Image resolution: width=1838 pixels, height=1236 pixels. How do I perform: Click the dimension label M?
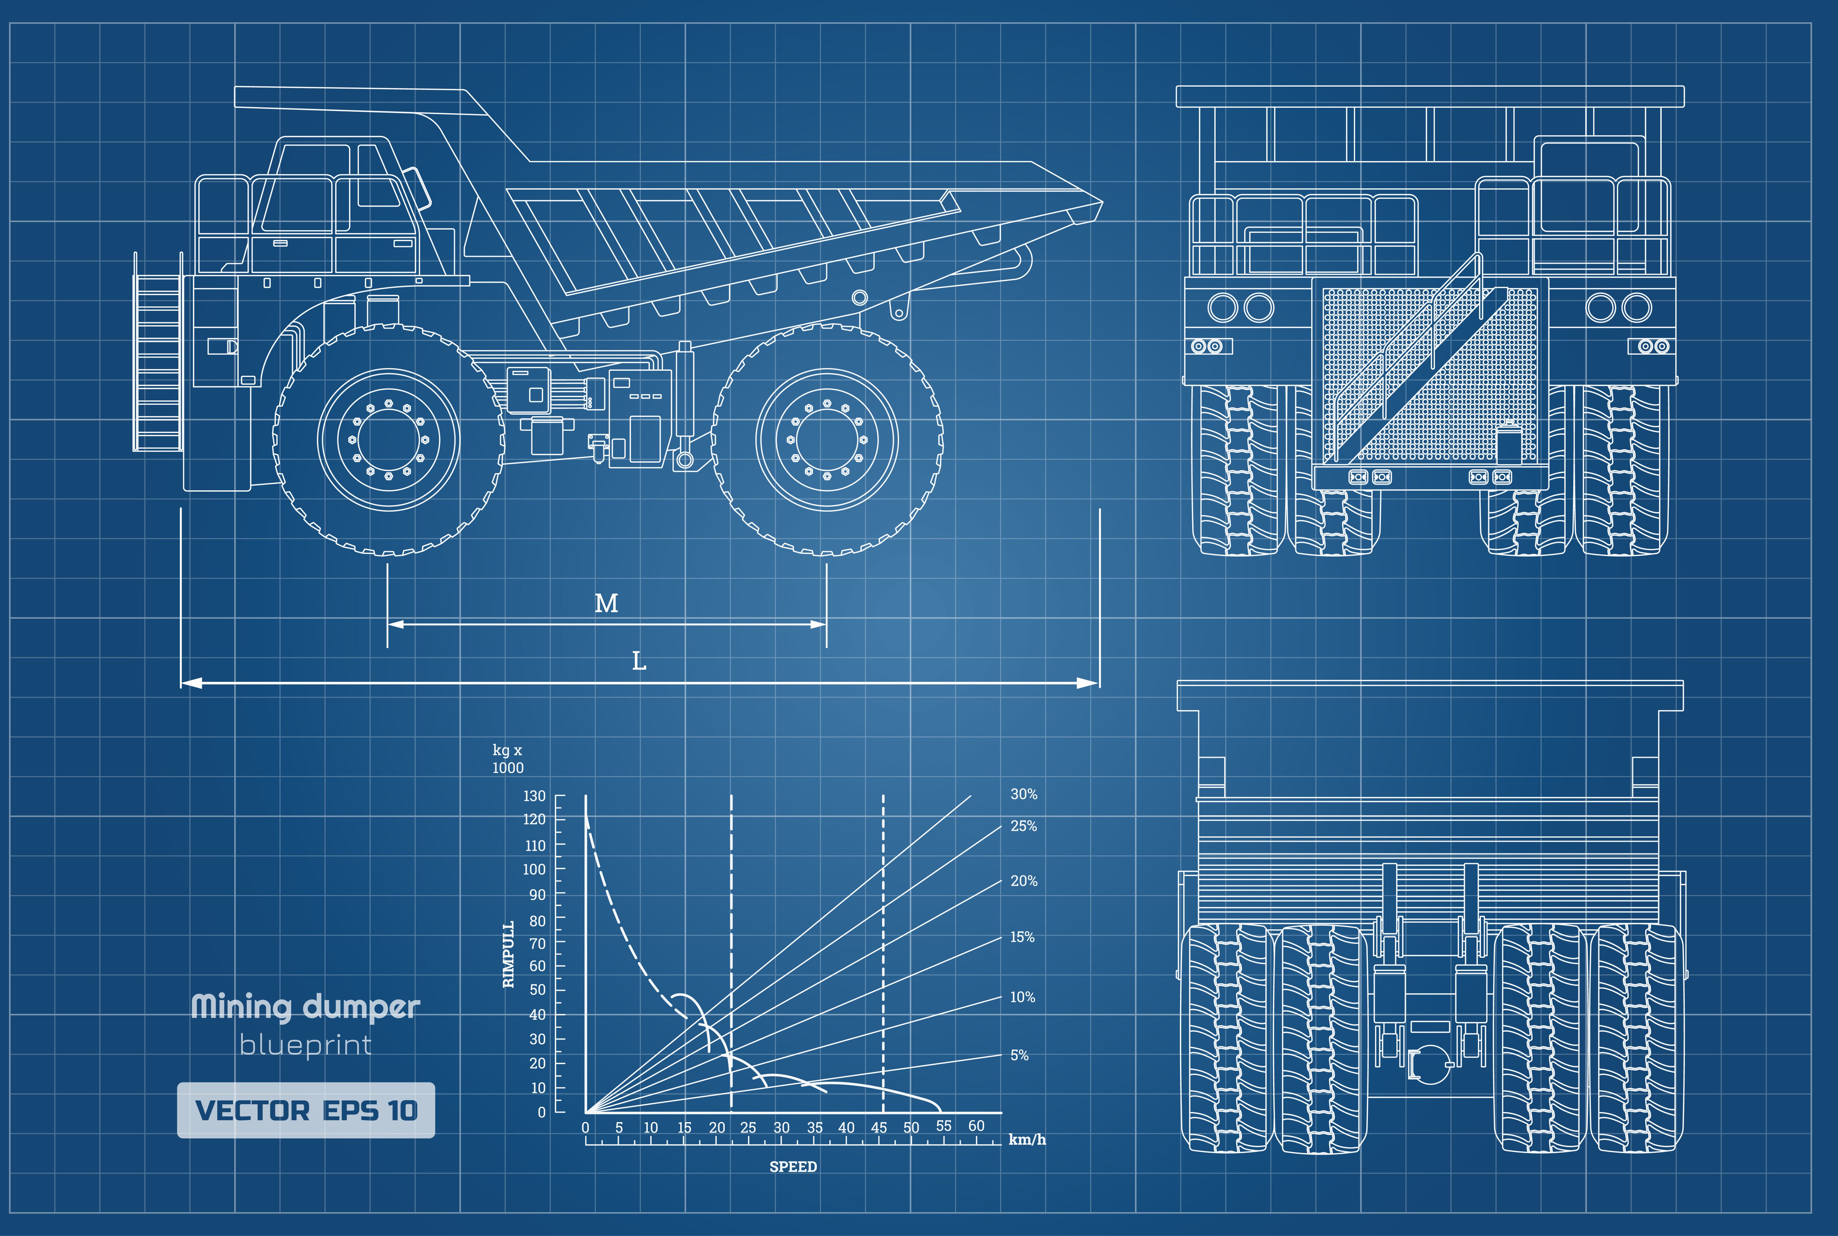605,604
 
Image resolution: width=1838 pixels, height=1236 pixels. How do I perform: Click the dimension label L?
639,661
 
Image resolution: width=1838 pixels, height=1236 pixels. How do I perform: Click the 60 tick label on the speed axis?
976,1126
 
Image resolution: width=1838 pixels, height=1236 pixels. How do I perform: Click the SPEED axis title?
792,1167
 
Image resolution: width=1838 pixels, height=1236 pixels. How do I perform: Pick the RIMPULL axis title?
509,954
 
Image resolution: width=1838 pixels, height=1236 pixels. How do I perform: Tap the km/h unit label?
1027,1140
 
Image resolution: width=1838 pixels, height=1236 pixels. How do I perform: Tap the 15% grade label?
1022,937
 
